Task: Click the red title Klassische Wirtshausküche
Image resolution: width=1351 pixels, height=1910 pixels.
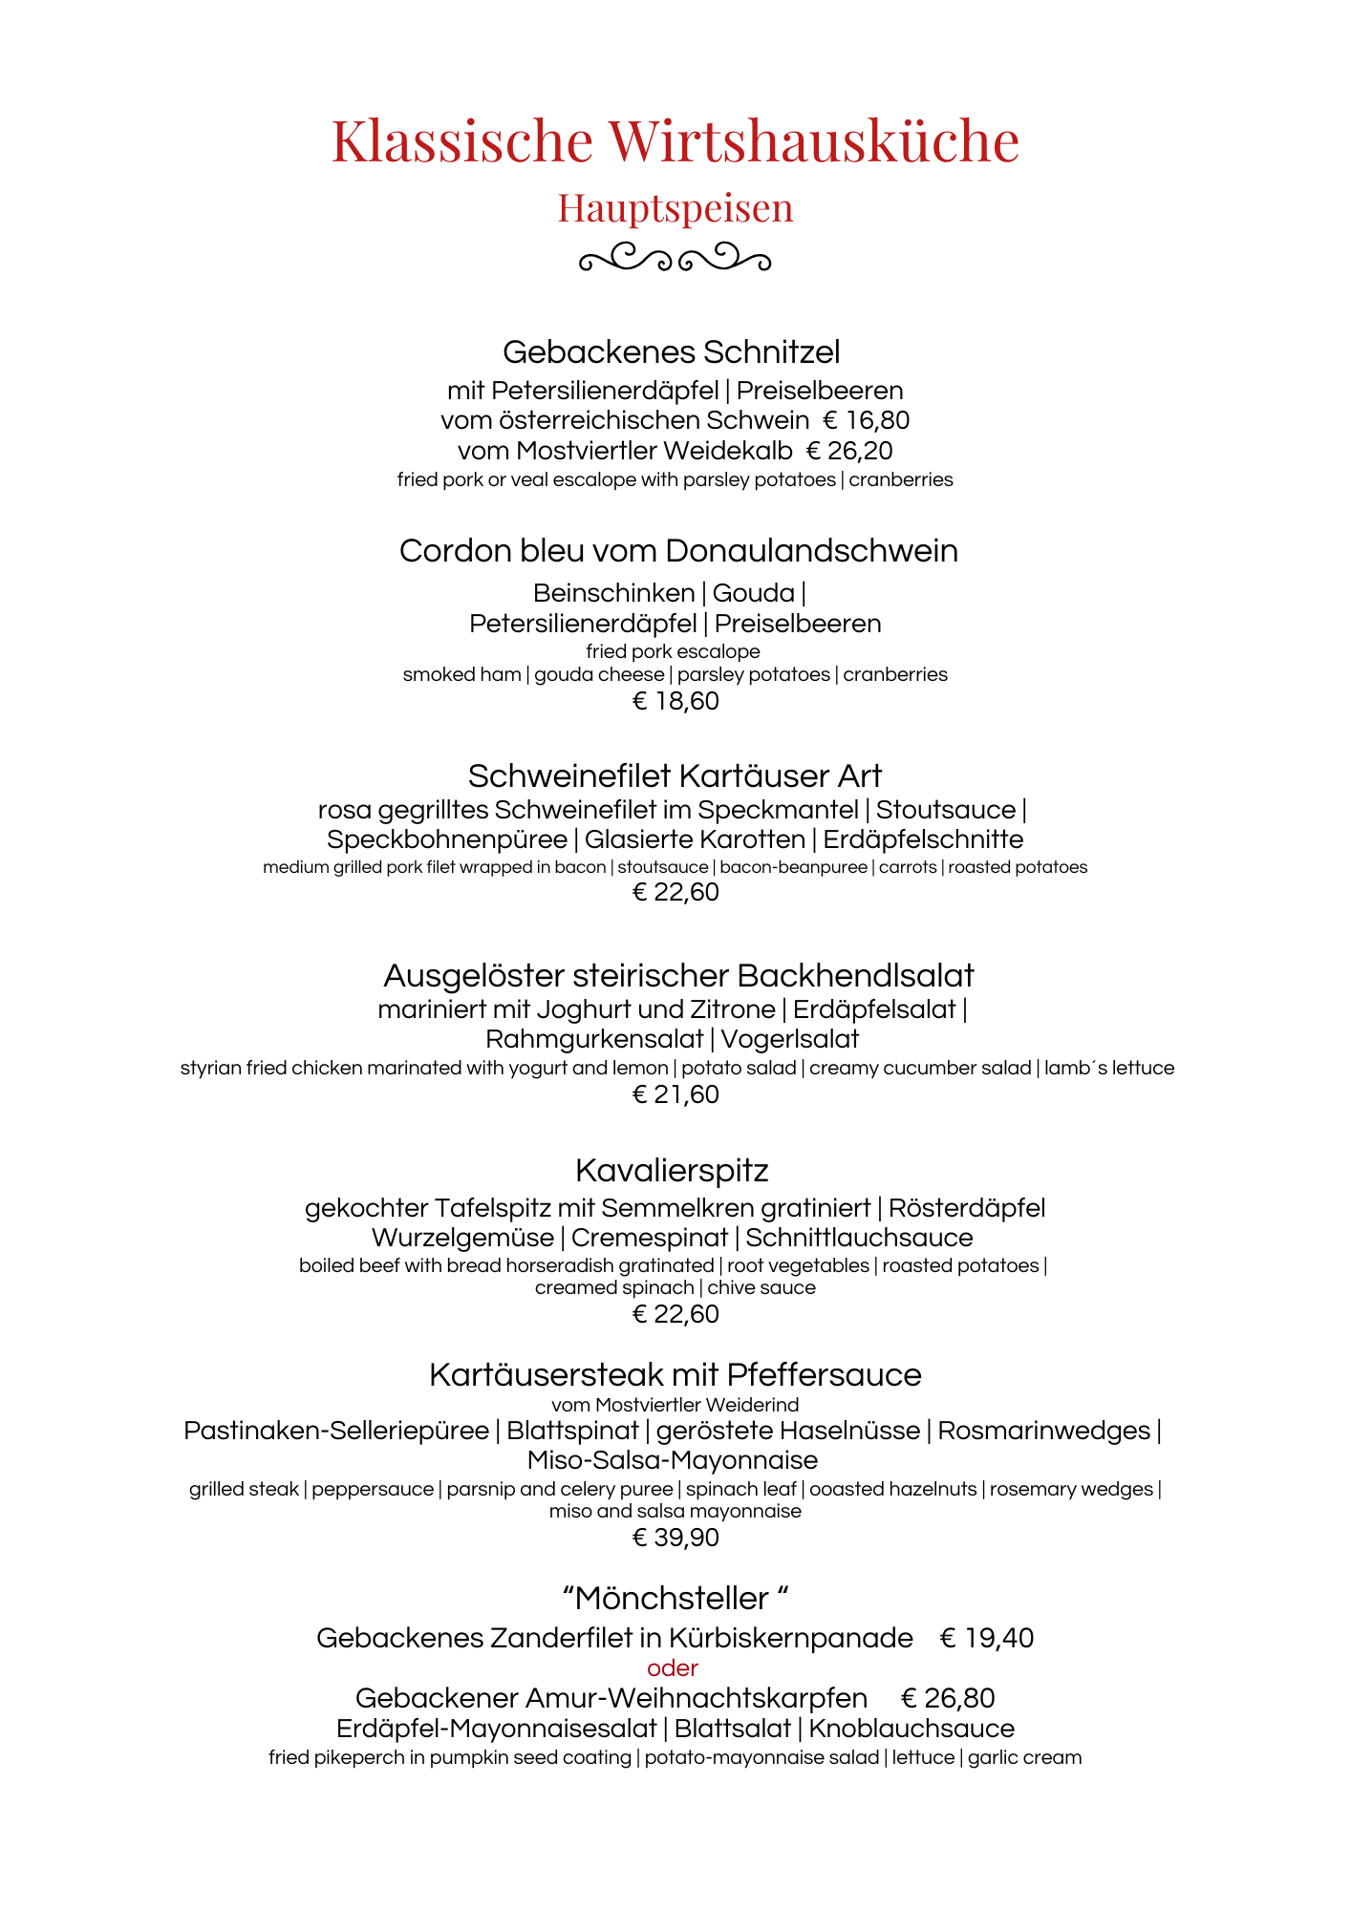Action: (x=675, y=140)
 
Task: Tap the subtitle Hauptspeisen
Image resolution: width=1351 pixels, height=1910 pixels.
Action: (x=675, y=208)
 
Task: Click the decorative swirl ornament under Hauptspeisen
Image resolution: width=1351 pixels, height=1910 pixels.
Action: (x=675, y=258)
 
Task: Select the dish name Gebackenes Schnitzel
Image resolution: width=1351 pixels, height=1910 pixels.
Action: (x=671, y=352)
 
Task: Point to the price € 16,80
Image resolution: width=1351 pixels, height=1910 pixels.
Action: (x=867, y=420)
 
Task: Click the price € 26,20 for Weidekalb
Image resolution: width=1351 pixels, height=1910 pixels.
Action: (x=849, y=451)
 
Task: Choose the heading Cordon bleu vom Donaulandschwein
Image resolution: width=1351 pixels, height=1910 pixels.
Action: (x=678, y=551)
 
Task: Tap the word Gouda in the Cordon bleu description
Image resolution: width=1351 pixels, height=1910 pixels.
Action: (x=753, y=593)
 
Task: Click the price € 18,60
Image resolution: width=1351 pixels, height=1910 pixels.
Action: (x=675, y=702)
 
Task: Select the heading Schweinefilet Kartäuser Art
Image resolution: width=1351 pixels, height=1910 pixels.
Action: (x=675, y=776)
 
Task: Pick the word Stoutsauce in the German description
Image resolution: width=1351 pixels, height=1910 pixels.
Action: (x=945, y=810)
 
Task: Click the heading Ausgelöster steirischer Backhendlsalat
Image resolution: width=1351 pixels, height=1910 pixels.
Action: (x=678, y=976)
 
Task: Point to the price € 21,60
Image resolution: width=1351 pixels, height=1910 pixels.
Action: (x=675, y=1095)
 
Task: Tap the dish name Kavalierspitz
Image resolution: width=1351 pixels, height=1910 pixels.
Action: (x=672, y=1171)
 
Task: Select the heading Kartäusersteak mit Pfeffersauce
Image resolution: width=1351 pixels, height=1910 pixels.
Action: (x=675, y=1375)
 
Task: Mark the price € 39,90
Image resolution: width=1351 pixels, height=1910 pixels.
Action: (x=675, y=1538)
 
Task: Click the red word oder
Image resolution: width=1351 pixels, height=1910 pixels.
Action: (x=673, y=1668)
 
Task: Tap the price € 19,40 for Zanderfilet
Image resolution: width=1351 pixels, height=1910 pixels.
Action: (x=987, y=1639)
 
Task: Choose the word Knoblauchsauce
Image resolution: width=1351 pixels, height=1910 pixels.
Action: (x=911, y=1729)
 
